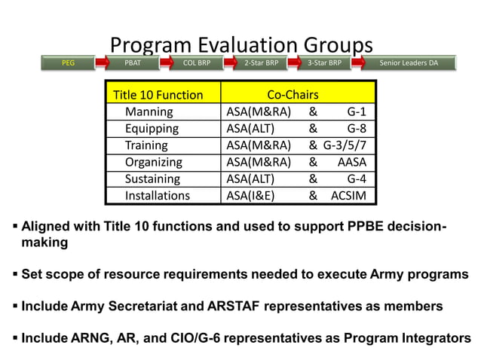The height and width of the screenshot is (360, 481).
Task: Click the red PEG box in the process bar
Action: click(x=68, y=63)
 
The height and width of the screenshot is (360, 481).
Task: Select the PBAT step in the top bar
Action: click(x=132, y=63)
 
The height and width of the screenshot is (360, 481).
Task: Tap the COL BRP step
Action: click(x=197, y=63)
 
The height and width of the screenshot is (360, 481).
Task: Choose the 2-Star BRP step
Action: click(x=261, y=63)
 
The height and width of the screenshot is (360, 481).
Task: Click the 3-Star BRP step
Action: click(x=325, y=63)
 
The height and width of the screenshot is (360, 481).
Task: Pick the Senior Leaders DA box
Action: click(x=409, y=63)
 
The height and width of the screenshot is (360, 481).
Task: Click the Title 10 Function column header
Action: click(x=158, y=95)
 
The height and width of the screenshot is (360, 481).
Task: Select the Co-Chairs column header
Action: click(x=293, y=95)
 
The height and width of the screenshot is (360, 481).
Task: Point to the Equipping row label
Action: click(x=153, y=129)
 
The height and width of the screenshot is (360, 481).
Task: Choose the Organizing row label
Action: click(x=154, y=162)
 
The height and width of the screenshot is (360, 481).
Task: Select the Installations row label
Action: click(x=158, y=196)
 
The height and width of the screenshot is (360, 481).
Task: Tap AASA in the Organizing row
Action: click(x=351, y=162)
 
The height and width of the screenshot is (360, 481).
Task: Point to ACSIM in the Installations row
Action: click(x=348, y=196)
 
